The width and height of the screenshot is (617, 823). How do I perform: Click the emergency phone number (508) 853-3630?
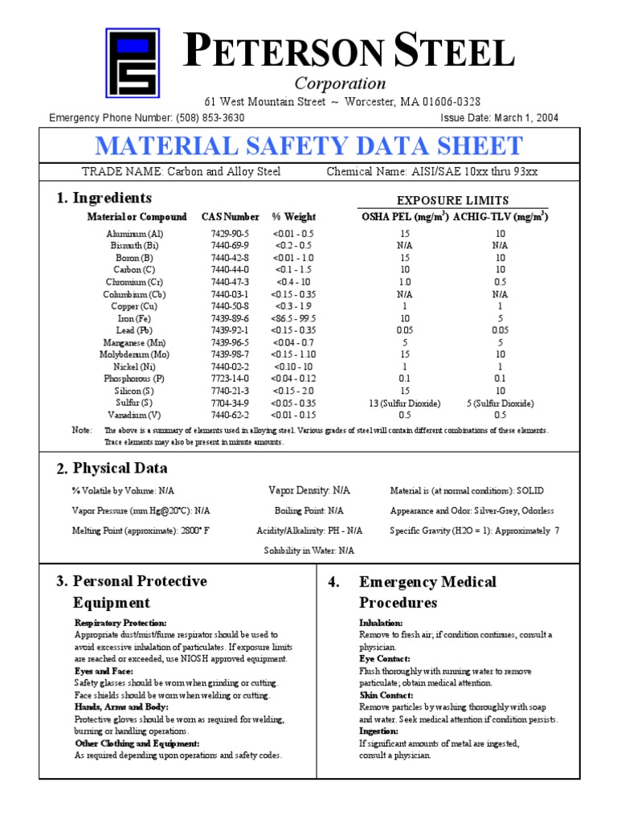click(x=208, y=118)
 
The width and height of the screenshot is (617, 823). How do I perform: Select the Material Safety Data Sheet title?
click(x=308, y=146)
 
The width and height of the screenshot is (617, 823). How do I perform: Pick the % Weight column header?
click(x=294, y=217)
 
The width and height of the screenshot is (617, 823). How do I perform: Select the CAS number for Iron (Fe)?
click(x=230, y=318)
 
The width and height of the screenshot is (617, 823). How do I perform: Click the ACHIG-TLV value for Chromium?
click(x=500, y=282)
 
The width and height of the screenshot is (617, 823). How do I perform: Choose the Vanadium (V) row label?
click(x=133, y=416)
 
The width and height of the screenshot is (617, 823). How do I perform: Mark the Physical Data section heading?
click(x=120, y=469)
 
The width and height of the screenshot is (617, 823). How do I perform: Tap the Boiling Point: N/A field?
click(x=308, y=510)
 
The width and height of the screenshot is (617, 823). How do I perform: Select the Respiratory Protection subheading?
click(x=121, y=623)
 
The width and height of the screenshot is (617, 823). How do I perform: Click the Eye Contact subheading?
click(x=384, y=659)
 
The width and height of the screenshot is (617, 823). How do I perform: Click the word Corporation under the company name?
click(x=340, y=84)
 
